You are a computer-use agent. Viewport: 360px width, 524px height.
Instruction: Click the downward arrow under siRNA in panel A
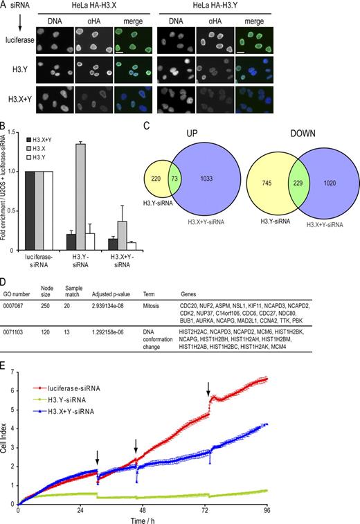point(15,21)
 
